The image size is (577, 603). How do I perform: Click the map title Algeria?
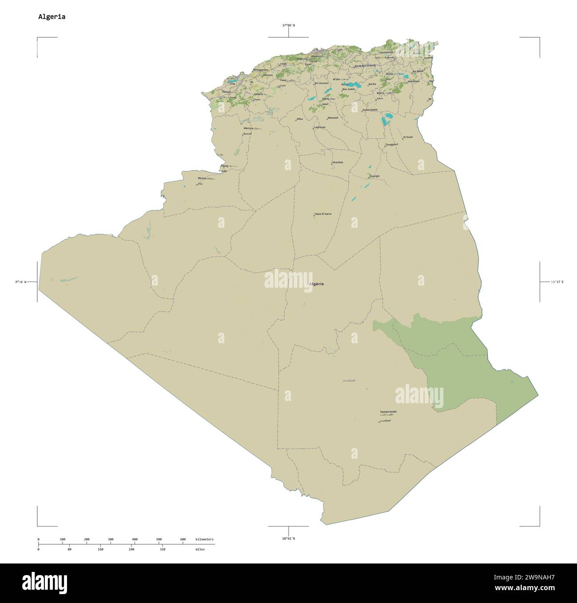coord(51,17)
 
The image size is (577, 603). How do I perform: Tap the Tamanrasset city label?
coord(388,412)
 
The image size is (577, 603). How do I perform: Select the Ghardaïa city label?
coord(338,163)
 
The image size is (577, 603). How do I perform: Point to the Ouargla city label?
coord(375,176)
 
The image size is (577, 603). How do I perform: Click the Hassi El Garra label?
coord(323,214)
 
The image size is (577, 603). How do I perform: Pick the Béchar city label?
coord(202,179)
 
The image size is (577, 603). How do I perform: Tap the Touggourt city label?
coord(392,144)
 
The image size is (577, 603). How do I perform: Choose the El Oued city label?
coord(407,137)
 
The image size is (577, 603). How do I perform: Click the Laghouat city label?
coord(320,127)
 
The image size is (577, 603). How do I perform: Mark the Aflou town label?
coord(300,119)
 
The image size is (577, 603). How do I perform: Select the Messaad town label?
coord(333,118)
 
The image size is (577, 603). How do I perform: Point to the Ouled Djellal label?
coord(370,110)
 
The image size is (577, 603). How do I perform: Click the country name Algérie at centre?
coord(316,284)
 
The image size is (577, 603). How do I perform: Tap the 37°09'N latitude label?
coord(288,25)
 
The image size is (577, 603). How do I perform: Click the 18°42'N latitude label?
coord(288,539)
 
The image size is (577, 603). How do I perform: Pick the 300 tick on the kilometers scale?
coord(111,540)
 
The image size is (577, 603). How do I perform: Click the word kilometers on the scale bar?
coord(205,540)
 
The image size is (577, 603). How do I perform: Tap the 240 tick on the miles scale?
coord(131,549)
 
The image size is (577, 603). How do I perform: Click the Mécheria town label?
coord(248,128)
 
